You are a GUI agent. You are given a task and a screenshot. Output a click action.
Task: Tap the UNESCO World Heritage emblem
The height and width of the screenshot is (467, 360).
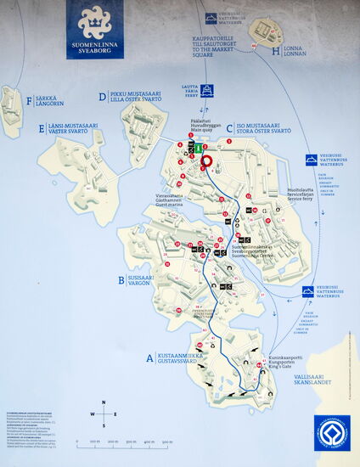332,433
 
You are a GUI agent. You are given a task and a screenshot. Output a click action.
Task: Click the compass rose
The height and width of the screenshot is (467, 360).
104,414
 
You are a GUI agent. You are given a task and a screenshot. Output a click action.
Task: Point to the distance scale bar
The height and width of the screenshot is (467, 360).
124,441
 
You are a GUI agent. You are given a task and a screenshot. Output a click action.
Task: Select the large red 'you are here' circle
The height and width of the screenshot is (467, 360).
205,160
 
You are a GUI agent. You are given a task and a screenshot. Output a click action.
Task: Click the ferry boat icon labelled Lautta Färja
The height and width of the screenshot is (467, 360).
206,90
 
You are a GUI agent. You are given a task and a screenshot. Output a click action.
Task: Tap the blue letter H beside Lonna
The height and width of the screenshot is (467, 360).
276,51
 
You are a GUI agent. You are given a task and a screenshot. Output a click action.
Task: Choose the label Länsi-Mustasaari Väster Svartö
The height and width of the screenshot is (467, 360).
70,128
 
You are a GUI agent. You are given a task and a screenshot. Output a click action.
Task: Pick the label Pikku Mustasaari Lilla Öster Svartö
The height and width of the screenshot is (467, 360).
134,95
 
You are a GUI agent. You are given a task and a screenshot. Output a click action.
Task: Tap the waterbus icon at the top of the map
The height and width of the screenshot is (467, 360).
211,18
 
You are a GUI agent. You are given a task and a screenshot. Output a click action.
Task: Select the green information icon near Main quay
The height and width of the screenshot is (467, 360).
199,148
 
